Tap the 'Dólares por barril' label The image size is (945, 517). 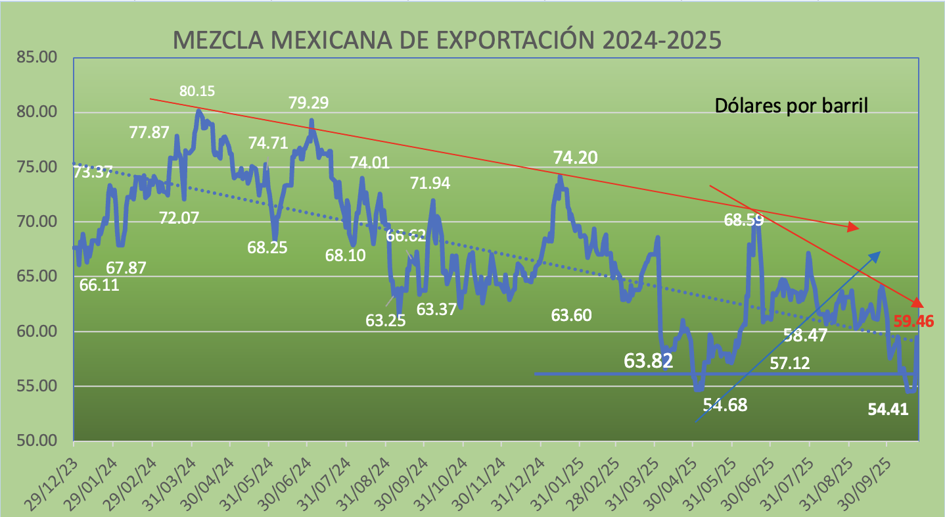tap(791, 105)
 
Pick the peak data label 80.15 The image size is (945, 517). tap(197, 91)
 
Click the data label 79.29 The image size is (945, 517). tap(309, 103)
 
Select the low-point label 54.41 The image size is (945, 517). tap(888, 410)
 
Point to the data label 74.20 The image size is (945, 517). tap(576, 158)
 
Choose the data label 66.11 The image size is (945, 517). tap(99, 285)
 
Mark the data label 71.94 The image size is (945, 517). tap(430, 184)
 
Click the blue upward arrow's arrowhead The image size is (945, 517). tap(876, 254)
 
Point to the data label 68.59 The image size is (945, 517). tap(744, 220)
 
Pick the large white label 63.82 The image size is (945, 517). tap(648, 360)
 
